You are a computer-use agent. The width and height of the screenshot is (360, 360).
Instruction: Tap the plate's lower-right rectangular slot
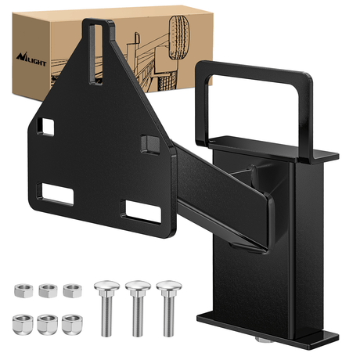pos(140,209)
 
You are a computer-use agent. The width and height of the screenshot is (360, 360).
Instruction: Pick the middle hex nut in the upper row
pos(47,290)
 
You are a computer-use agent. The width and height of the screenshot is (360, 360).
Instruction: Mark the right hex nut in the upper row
pos(72,290)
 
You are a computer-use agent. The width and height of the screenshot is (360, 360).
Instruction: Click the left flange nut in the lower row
pos(22,322)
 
